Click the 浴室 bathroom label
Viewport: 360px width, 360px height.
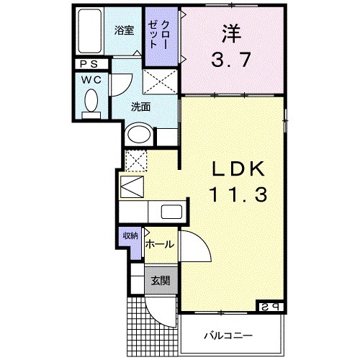pyautogui.click(x=125, y=30)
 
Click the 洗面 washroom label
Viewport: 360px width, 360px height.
pyautogui.click(x=140, y=107)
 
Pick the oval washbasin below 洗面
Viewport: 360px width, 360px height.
pyautogui.click(x=138, y=135)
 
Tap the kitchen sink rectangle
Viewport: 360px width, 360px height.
pyautogui.click(x=173, y=212)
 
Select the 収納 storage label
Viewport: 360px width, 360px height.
pyautogui.click(x=130, y=235)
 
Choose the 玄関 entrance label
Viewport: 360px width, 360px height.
pyautogui.click(x=160, y=281)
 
